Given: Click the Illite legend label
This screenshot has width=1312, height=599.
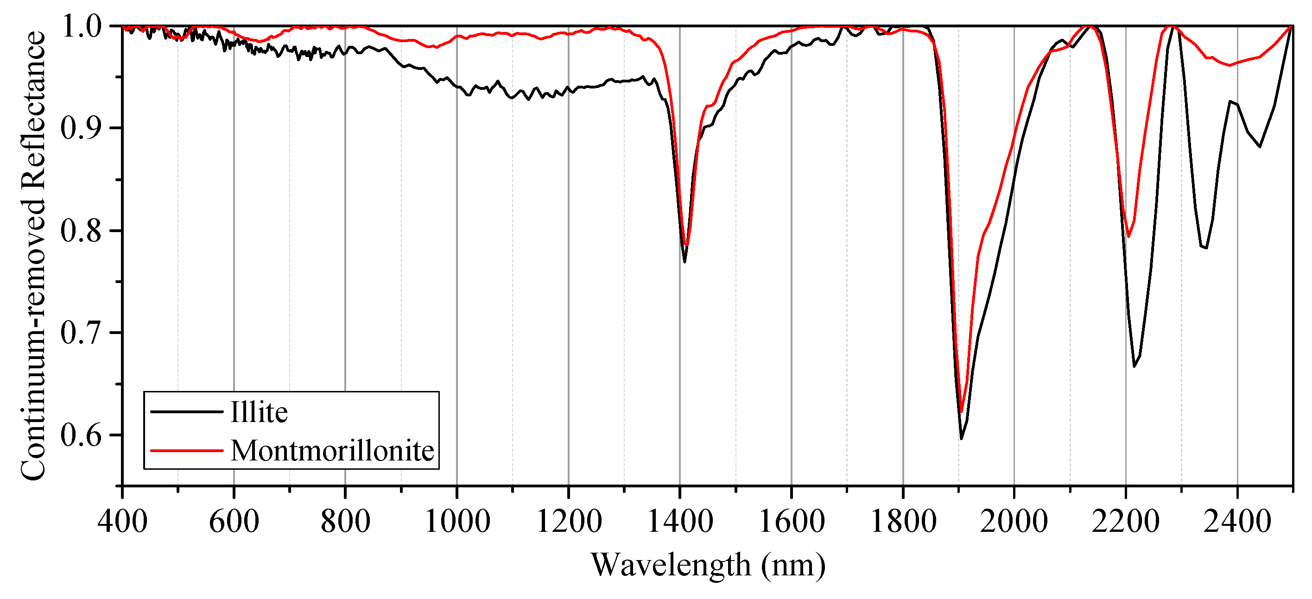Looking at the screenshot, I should (x=259, y=412).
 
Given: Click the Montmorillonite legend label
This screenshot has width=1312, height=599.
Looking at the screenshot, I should (x=332, y=451).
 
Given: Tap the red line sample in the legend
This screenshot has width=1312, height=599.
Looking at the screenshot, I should (x=186, y=450).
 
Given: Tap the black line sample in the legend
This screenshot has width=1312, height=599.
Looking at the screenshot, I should (x=186, y=411).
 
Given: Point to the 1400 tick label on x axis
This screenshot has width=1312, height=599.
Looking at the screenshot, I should (x=679, y=522).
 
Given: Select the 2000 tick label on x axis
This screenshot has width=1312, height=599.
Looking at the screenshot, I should (x=1014, y=522).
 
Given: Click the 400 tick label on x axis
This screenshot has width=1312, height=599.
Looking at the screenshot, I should (x=122, y=522).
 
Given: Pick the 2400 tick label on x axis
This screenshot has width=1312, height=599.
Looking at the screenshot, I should (x=1236, y=522).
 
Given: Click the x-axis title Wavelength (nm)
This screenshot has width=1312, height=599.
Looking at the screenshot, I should (x=708, y=565).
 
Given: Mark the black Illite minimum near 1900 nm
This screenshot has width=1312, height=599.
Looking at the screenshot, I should (x=961, y=439).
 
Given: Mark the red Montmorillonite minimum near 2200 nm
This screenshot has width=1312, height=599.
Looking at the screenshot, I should (x=1128, y=237).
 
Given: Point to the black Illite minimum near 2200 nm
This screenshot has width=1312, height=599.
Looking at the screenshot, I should (x=1134, y=366).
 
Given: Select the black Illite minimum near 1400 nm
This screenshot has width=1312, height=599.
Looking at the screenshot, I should (x=685, y=262).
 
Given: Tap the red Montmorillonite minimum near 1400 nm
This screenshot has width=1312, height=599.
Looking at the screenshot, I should (x=686, y=246).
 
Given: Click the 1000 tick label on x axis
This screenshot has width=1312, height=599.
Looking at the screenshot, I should (x=457, y=522).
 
